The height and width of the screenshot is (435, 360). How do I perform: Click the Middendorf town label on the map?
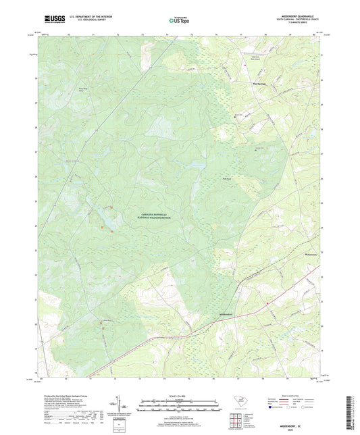[226, 315]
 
